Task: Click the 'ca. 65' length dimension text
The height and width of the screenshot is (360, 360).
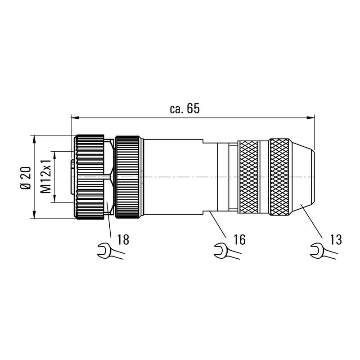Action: pyautogui.click(x=184, y=108)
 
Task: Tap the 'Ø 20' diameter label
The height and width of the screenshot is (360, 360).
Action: pyautogui.click(x=26, y=178)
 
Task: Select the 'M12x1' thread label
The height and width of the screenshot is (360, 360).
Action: pyautogui.click(x=45, y=176)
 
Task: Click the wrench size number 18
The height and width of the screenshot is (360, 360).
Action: pyautogui.click(x=123, y=239)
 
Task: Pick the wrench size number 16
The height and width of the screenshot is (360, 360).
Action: pyautogui.click(x=240, y=239)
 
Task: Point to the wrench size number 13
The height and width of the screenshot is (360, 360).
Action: pyautogui.click(x=336, y=239)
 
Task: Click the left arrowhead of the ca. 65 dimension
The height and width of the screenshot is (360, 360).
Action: pyautogui.click(x=75, y=118)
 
